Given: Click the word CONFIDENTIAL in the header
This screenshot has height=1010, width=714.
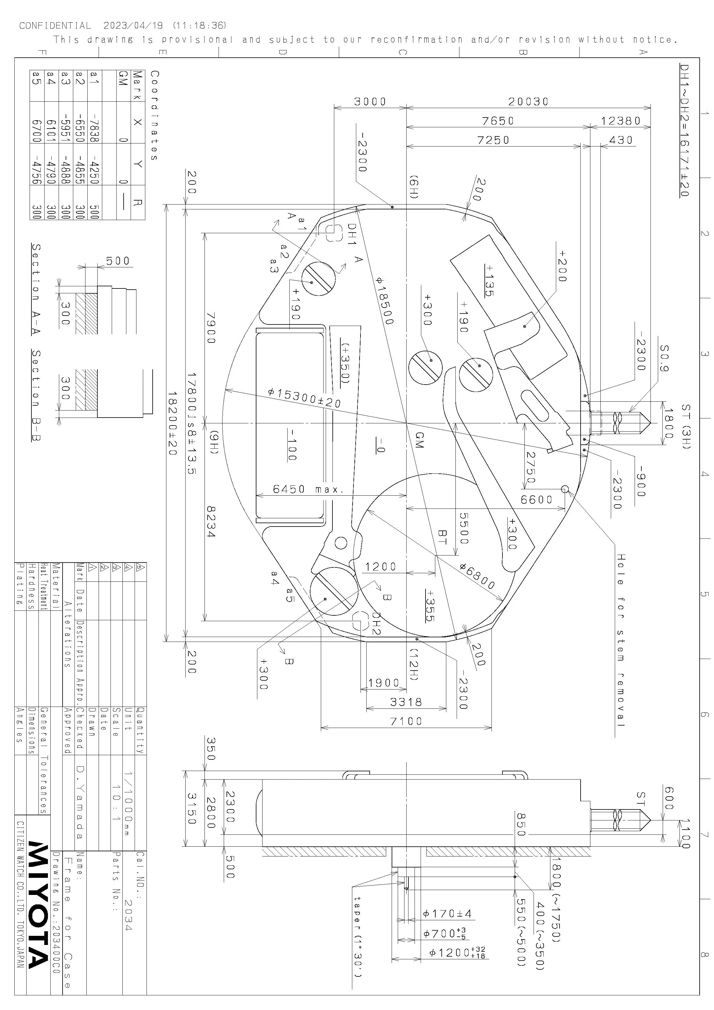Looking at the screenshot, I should click(x=55, y=26).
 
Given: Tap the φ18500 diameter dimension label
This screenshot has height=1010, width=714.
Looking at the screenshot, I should click(x=385, y=300).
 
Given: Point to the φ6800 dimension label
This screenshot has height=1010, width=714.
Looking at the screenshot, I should click(x=477, y=576).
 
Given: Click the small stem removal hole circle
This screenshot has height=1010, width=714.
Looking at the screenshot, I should click(x=565, y=489).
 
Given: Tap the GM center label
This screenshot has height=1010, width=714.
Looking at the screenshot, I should click(x=419, y=440).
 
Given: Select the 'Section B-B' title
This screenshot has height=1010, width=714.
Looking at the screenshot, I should click(x=36, y=396).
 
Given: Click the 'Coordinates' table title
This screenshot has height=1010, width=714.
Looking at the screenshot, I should click(x=154, y=115).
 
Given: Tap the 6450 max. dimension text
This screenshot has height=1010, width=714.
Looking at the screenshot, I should click(x=308, y=489).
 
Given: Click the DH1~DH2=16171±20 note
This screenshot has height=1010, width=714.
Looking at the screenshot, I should click(x=684, y=130).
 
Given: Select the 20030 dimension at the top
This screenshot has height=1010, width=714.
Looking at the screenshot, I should click(x=528, y=102).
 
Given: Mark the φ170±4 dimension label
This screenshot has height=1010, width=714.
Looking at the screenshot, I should click(x=448, y=914).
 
